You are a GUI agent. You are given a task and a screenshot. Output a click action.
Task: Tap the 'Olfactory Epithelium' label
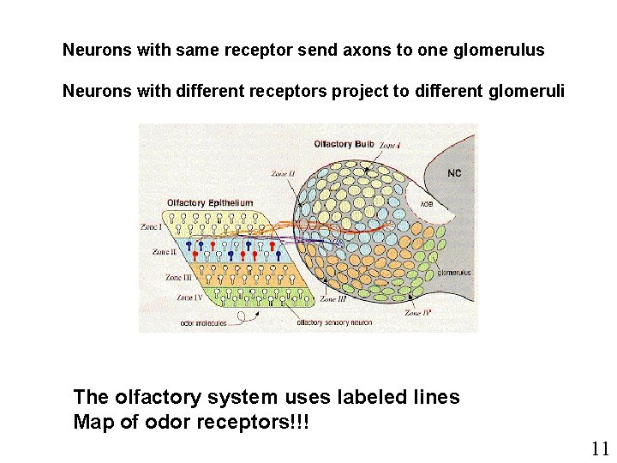(210, 203)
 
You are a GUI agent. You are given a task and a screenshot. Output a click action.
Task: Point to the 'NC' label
(454, 173)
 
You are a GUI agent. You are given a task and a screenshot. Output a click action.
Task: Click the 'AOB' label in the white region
(426, 204)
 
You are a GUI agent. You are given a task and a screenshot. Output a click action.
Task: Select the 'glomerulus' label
(454, 273)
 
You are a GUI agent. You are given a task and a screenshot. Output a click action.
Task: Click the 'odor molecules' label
(203, 322)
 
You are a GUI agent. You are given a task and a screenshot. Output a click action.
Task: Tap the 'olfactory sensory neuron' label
(334, 322)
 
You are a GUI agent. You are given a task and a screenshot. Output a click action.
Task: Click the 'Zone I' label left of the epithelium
(151, 227)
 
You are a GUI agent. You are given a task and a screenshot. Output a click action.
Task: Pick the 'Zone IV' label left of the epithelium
(189, 298)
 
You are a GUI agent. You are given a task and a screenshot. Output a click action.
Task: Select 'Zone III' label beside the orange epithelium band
(178, 278)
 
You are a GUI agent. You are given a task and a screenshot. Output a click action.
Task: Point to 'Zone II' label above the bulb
(283, 174)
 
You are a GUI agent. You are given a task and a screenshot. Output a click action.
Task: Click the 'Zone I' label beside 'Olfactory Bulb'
(390, 145)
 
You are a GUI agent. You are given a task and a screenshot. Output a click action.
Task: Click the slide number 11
(600, 448)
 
